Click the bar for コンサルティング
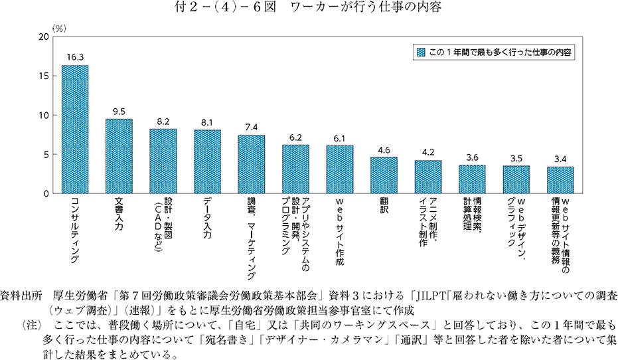[75, 130]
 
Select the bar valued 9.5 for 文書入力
[119, 156]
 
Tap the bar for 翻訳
[384, 175]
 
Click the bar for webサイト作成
[339, 169]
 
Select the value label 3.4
[560, 159]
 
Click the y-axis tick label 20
[44, 37]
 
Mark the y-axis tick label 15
[44, 76]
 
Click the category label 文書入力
[119, 213]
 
